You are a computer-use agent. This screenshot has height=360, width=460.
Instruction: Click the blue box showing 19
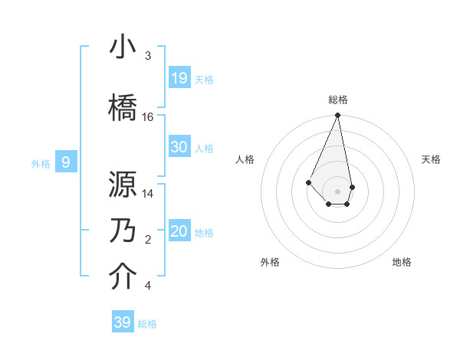(x=179, y=78)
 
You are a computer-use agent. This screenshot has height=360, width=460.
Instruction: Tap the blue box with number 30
(x=179, y=147)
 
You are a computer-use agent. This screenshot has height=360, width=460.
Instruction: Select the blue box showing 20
(x=179, y=231)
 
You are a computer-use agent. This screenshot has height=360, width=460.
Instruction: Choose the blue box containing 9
(x=66, y=162)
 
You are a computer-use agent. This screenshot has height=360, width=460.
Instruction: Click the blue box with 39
(x=123, y=322)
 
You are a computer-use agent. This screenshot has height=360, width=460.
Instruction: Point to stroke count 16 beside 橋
(x=148, y=117)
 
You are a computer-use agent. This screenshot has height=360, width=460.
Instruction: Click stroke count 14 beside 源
(x=148, y=194)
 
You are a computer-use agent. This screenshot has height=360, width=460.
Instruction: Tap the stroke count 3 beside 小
(x=147, y=56)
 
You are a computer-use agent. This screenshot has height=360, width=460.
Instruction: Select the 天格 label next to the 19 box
(x=204, y=79)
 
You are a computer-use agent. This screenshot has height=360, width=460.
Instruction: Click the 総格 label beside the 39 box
(x=147, y=324)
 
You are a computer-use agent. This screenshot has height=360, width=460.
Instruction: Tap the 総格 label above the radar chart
(x=337, y=100)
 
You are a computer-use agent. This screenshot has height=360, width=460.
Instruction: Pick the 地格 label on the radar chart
(x=402, y=262)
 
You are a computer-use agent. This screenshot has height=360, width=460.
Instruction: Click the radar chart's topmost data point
(x=337, y=116)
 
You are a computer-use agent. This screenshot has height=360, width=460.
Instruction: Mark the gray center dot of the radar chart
(x=337, y=191)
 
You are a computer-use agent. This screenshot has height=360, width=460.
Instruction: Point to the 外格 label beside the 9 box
(x=41, y=163)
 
